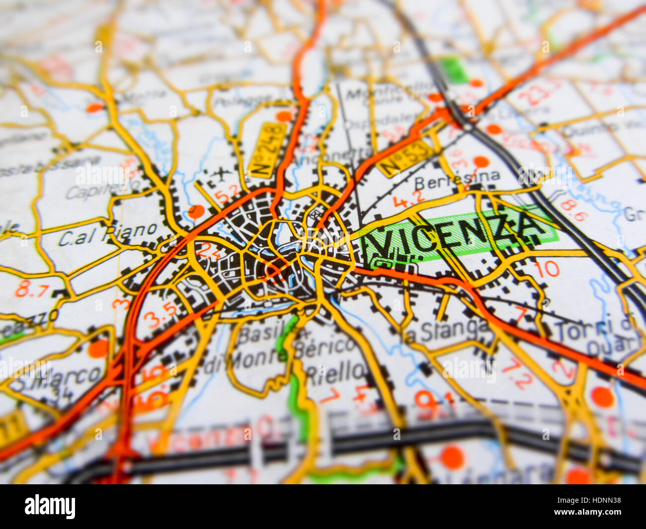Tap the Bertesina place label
click(x=457, y=178)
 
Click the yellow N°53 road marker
click(x=406, y=157)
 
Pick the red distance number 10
click(x=546, y=269)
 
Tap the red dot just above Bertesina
click(x=481, y=161)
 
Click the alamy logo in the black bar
click(x=50, y=506)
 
